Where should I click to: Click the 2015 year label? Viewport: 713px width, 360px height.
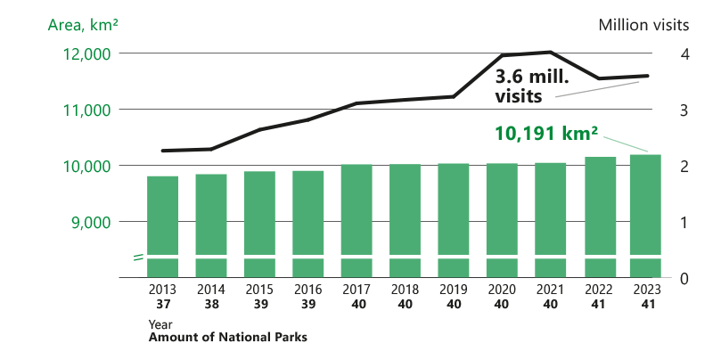click(x=259, y=290)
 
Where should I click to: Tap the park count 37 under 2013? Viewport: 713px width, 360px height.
click(x=162, y=304)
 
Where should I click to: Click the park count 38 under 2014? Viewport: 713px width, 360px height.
click(x=211, y=304)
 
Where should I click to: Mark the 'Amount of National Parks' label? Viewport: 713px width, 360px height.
click(x=227, y=338)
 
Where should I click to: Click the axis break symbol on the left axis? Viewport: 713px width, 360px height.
click(x=139, y=258)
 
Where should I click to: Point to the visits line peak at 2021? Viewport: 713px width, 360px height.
click(x=551, y=52)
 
